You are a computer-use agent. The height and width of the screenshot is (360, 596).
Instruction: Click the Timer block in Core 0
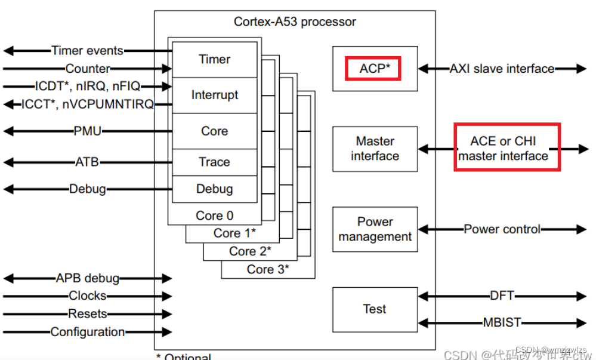click(x=215, y=59)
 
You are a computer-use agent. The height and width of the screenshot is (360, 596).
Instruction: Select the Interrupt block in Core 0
click(x=215, y=95)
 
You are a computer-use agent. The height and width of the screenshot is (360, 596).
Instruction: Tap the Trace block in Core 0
click(x=215, y=162)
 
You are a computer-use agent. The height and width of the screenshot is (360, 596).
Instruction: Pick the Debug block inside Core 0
click(x=215, y=189)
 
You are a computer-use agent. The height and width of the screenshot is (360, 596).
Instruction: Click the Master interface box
click(x=375, y=149)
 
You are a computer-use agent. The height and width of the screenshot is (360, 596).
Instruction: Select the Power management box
click(x=375, y=229)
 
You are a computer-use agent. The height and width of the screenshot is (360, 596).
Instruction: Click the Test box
click(x=375, y=309)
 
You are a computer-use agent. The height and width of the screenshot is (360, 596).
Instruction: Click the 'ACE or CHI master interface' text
click(x=504, y=149)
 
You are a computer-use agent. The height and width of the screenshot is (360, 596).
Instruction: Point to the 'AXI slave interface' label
click(x=502, y=69)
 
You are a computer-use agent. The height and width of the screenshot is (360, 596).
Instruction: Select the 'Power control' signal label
click(x=502, y=229)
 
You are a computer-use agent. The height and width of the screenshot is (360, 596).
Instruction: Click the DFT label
click(x=502, y=296)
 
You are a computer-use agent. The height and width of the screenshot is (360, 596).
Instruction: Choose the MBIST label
click(x=502, y=323)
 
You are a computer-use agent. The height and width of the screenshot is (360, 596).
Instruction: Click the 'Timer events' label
click(x=87, y=51)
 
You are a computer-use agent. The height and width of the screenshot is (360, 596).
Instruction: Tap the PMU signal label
click(x=87, y=130)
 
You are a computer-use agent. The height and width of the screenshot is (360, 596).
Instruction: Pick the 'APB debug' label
click(x=87, y=278)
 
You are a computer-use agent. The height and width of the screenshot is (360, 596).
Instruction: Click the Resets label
click(x=87, y=313)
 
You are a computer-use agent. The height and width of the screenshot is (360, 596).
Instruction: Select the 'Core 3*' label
click(x=268, y=269)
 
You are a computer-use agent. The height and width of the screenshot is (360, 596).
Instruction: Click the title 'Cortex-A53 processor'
click(x=295, y=22)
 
